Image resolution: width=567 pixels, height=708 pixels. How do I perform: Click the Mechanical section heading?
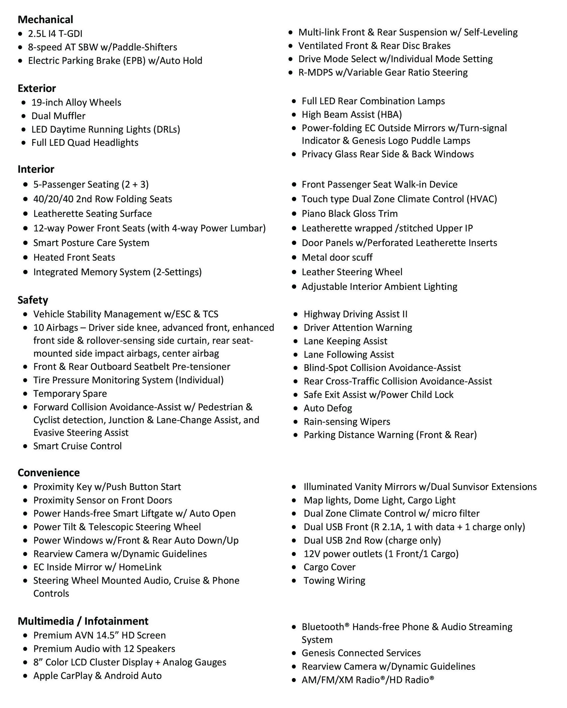[45, 20]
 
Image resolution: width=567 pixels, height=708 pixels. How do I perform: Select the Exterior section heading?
[37, 88]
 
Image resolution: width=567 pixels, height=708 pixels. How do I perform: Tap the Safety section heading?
[33, 300]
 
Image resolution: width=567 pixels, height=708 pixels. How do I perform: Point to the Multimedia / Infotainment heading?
[83, 621]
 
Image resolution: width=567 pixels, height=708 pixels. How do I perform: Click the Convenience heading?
[49, 473]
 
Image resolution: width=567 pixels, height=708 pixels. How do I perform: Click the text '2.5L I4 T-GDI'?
[55, 34]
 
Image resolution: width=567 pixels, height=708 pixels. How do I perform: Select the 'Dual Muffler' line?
[58, 116]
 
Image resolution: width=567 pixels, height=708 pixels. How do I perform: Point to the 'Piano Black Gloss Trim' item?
[349, 214]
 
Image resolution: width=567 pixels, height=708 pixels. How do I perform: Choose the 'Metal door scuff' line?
[337, 258]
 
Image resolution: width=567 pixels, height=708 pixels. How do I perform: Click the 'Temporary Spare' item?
[70, 394]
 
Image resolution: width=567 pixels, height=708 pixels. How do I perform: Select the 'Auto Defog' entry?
[327, 408]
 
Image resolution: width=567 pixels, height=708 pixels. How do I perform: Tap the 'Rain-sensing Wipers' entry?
[347, 422]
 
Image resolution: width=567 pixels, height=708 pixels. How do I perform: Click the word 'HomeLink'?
[140, 567]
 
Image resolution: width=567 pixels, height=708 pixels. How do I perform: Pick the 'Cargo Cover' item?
[329, 567]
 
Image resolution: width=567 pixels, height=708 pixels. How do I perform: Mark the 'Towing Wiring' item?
[334, 581]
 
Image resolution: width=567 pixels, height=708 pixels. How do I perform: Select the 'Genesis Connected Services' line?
[361, 653]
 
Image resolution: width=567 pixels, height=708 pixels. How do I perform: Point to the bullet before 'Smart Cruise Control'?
[26, 446]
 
